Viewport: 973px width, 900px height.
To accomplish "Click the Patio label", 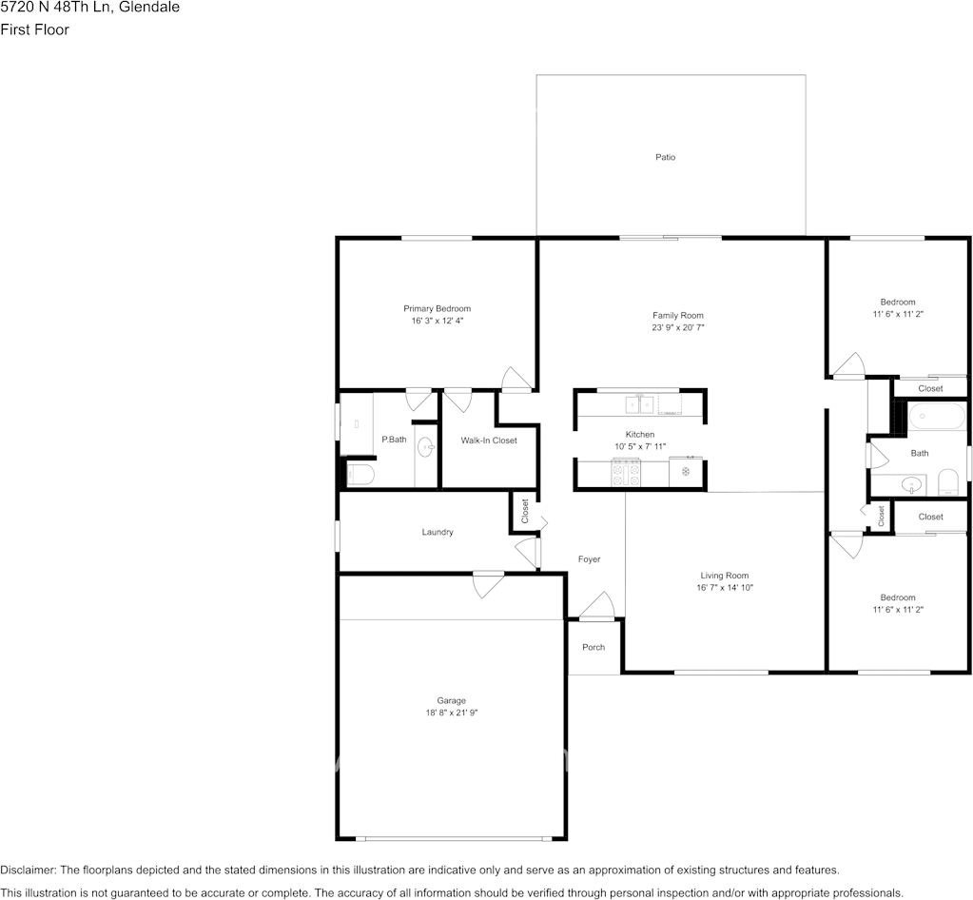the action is [x=665, y=157].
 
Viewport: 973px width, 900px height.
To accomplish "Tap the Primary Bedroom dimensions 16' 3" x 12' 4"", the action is [x=438, y=321].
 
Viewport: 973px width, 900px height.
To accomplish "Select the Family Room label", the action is [x=677, y=315].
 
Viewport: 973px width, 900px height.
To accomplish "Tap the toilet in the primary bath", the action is [x=360, y=475].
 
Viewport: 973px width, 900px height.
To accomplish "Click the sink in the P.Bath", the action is [x=426, y=446].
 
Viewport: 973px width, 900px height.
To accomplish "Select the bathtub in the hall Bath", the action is [x=937, y=416].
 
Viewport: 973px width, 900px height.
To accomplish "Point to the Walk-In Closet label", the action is [x=489, y=440].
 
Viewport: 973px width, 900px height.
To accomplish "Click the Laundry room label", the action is [x=438, y=532].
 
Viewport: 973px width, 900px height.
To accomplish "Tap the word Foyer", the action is [x=589, y=559].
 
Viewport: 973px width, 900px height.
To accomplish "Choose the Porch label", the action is [x=594, y=647].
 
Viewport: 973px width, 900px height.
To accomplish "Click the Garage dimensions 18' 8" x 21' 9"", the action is [x=451, y=713].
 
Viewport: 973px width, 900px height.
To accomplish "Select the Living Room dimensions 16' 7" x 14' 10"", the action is [x=724, y=587].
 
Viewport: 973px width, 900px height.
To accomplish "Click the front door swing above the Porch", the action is [x=597, y=606].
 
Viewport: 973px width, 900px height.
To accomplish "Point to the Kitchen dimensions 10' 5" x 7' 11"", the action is [x=640, y=446].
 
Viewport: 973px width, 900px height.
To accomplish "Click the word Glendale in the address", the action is [x=151, y=8].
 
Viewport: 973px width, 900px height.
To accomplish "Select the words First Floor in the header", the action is [x=35, y=29].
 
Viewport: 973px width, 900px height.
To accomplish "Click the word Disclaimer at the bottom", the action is [x=28, y=871].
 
